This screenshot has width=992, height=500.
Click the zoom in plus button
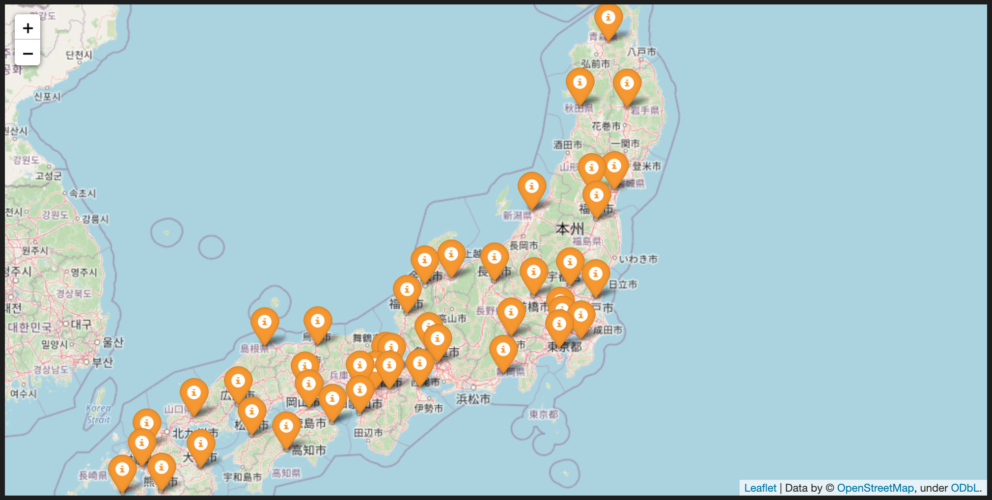point(28,28)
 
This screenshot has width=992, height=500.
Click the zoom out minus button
point(28,53)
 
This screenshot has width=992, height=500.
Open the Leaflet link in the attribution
point(760,488)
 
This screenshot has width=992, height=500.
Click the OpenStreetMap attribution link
point(875,488)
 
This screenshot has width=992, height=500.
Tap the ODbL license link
point(965,488)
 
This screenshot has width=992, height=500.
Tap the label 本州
point(570,228)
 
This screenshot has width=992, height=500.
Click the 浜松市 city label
point(473,399)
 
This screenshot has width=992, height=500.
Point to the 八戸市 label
point(641,52)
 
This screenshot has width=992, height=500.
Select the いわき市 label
point(638,259)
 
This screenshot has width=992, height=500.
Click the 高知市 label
point(309,450)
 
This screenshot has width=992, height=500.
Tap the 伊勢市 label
point(428,408)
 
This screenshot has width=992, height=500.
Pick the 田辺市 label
point(368,433)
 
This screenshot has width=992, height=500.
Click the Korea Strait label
point(98,414)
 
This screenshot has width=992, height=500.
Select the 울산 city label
point(113,342)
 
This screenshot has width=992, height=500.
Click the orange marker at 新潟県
point(531,188)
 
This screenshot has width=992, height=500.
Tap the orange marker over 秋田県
point(579,84)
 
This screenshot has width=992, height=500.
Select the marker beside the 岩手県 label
point(627,84)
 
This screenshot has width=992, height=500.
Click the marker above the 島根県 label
point(265,323)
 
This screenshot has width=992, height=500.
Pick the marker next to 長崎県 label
point(122,471)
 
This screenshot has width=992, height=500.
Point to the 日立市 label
point(623,284)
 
